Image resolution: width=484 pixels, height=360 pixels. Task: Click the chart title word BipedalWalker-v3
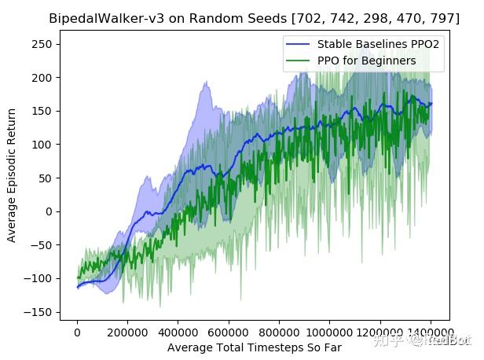[95, 17]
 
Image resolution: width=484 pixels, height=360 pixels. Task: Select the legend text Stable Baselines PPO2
[377, 44]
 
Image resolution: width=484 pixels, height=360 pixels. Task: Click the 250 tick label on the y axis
[43, 44]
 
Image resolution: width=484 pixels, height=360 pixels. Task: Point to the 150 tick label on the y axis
[43, 111]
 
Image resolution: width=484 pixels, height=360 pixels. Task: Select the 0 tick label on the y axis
[49, 211]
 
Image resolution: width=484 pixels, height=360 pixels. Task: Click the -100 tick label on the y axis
[40, 278]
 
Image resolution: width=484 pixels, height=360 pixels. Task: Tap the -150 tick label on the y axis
[40, 312]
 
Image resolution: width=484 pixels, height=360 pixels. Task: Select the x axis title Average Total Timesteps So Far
[254, 347]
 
